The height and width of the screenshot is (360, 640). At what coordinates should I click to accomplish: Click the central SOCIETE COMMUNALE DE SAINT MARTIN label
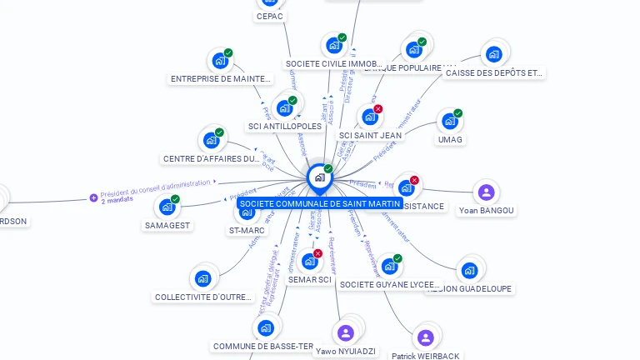319,203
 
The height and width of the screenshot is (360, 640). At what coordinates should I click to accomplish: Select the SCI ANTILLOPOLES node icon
285,108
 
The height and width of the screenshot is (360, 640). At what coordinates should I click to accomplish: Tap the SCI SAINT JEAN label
370,135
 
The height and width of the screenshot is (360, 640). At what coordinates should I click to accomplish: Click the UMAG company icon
450,122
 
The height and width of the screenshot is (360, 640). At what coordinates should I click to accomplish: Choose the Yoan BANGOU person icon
486,192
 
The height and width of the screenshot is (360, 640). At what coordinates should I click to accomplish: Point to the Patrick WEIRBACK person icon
425,337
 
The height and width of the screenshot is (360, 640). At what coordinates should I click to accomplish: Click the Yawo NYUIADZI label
346,352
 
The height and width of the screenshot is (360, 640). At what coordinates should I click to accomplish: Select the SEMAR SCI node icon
310,262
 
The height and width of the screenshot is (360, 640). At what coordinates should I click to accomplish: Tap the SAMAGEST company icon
167,207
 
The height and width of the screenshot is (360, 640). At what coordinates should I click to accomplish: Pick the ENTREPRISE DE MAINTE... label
221,79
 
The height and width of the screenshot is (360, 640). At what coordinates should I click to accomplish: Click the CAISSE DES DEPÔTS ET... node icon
493,55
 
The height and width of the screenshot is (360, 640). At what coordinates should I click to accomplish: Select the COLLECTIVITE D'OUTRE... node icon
202,278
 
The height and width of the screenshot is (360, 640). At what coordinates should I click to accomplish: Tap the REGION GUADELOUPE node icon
469,270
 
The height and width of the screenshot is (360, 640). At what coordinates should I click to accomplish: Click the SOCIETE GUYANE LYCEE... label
389,284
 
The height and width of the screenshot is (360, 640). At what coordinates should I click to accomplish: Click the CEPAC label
270,16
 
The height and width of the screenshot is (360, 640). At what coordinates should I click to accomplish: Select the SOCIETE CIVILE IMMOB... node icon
333,45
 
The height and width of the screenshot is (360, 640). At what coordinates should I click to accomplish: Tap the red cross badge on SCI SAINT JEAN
378,109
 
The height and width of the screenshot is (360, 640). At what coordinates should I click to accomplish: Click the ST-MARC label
247,231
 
